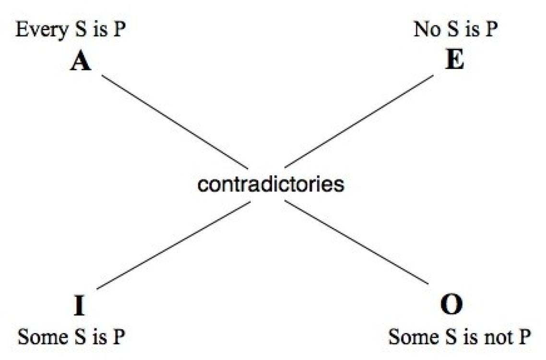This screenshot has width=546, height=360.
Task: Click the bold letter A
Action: [x=80, y=62]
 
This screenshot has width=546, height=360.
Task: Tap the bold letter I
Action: [x=79, y=306]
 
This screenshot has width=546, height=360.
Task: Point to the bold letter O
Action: [x=452, y=306]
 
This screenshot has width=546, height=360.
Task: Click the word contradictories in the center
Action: [x=271, y=185]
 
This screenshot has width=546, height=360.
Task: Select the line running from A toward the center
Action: [x=175, y=122]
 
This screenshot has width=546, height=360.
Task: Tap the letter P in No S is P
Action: [x=490, y=31]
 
